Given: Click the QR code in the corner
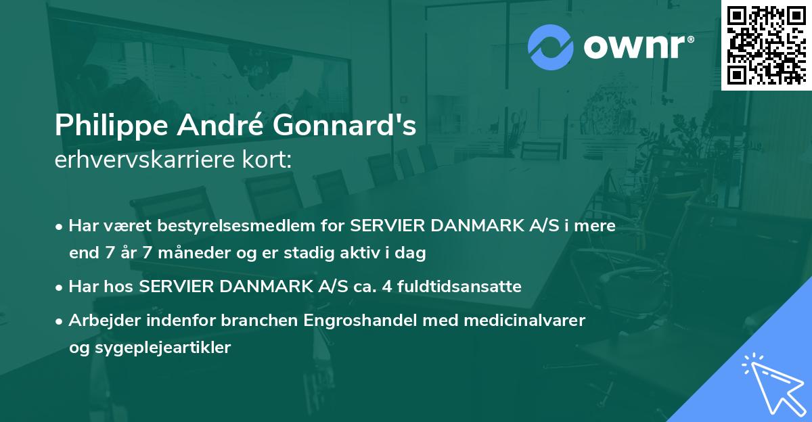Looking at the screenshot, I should [765, 45].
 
